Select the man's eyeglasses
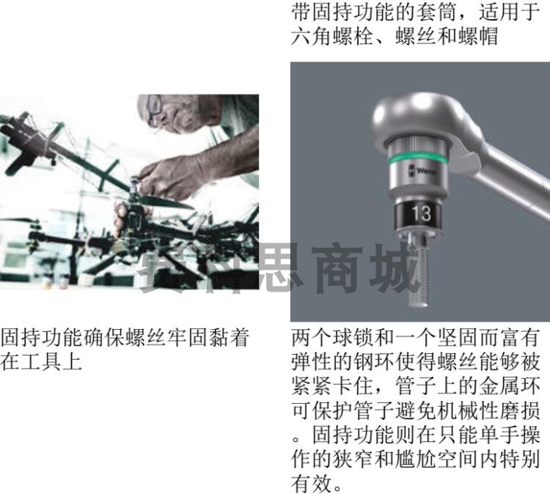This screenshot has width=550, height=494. click(x=153, y=107)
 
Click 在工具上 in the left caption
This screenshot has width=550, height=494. click(x=41, y=361)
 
